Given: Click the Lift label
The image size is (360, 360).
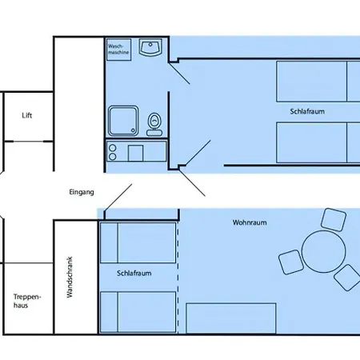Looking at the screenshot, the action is pyautogui.click(x=27, y=115).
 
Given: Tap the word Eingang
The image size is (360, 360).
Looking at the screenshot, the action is pyautogui.click(x=82, y=192).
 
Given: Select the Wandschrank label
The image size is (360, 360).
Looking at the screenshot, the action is pyautogui.click(x=70, y=277).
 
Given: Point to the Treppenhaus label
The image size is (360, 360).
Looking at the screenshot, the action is pyautogui.click(x=27, y=301).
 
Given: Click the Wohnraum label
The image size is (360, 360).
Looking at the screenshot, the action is pyautogui.click(x=250, y=222).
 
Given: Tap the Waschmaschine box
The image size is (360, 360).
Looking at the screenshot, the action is pyautogui.click(x=119, y=50).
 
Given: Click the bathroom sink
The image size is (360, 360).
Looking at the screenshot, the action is pyautogui.click(x=150, y=47).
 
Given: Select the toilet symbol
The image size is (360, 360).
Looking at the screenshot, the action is pyautogui.click(x=154, y=124).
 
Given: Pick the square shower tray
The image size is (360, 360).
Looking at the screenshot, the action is pyautogui.click(x=123, y=121).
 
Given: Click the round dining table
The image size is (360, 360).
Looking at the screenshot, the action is pyautogui.click(x=323, y=251).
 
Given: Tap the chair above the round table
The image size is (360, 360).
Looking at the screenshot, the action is pyautogui.click(x=334, y=220).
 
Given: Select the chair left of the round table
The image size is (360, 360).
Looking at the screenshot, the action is pyautogui.click(x=291, y=262).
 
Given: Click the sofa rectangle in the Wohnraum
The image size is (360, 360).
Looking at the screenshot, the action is pyautogui.click(x=231, y=318).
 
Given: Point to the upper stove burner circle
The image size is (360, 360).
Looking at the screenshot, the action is pyautogui.click(x=113, y=148).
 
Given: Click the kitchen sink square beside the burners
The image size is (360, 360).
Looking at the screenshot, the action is pyautogui.click(x=135, y=153).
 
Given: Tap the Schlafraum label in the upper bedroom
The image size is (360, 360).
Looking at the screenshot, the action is pyautogui.click(x=307, y=111).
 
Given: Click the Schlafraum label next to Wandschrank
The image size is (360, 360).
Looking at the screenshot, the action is pyautogui.click(x=134, y=274).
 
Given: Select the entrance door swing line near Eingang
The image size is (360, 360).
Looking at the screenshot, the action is pyautogui.click(x=118, y=198).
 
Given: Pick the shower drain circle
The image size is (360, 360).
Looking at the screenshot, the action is pyautogui.click(x=133, y=130).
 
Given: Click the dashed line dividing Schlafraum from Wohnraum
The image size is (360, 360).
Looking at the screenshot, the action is pyautogui.click(x=178, y=278).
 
